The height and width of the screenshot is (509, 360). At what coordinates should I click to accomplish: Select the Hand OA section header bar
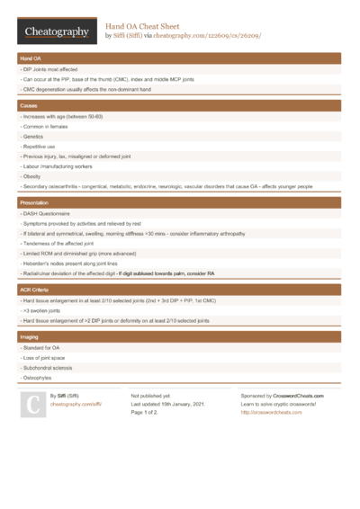click(180, 58)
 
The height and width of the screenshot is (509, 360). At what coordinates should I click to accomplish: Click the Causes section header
click(180, 106)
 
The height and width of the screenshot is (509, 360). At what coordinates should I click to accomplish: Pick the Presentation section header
click(180, 204)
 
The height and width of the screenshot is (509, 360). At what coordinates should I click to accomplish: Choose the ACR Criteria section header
click(180, 290)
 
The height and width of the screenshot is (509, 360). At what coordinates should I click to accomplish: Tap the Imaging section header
click(180, 336)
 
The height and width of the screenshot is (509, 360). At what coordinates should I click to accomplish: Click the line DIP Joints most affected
click(53, 69)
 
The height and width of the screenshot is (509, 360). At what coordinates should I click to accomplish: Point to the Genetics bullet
click(37, 137)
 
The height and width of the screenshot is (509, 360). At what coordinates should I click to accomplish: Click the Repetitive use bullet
click(41, 147)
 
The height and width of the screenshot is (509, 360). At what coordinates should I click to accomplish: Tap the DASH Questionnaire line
click(49, 214)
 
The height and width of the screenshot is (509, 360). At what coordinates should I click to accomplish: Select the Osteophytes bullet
click(40, 378)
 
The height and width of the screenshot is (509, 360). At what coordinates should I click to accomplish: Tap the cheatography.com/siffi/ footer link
click(76, 405)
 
